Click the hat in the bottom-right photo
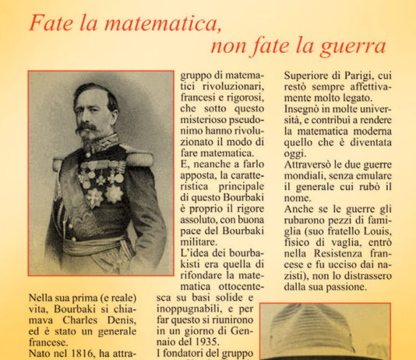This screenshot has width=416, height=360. pyautogui.click(x=312, y=331)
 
